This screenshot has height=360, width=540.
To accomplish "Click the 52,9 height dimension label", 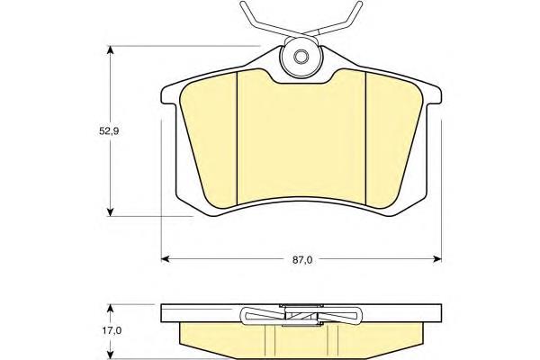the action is coord(109,130).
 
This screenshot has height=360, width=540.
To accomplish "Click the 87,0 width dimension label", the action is coord(302,260).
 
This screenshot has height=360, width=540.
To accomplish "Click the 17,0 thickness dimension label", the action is coord(112,330).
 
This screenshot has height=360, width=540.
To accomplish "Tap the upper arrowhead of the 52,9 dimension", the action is coord(110,50).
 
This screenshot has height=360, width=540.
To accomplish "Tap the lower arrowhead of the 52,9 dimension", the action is coord(110,211).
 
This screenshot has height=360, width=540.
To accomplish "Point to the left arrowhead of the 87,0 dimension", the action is coord(166,258).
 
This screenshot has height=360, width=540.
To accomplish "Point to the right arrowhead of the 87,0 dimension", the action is coord(437,258).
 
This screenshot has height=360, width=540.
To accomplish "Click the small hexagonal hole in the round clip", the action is coord(301,57).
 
